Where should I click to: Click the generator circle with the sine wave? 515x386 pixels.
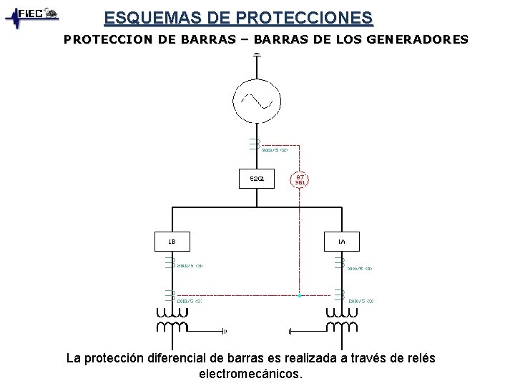[256, 101]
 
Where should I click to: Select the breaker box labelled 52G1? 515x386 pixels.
[256, 179]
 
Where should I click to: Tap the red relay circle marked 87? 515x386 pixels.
[300, 179]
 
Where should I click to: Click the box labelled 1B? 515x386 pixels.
[172, 242]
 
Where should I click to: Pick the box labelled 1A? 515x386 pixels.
[341, 242]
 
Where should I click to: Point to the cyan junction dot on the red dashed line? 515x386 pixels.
[300, 295]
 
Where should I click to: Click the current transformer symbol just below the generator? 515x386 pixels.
[255, 144]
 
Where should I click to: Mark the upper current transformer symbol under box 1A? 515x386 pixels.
[339, 263]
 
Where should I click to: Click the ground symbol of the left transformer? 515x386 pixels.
[225, 331]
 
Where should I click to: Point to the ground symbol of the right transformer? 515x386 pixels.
[290, 331]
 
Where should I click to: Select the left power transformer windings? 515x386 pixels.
[172, 320]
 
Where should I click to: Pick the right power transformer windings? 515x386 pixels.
[341, 320]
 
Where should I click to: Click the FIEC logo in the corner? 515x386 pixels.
[32, 16]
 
